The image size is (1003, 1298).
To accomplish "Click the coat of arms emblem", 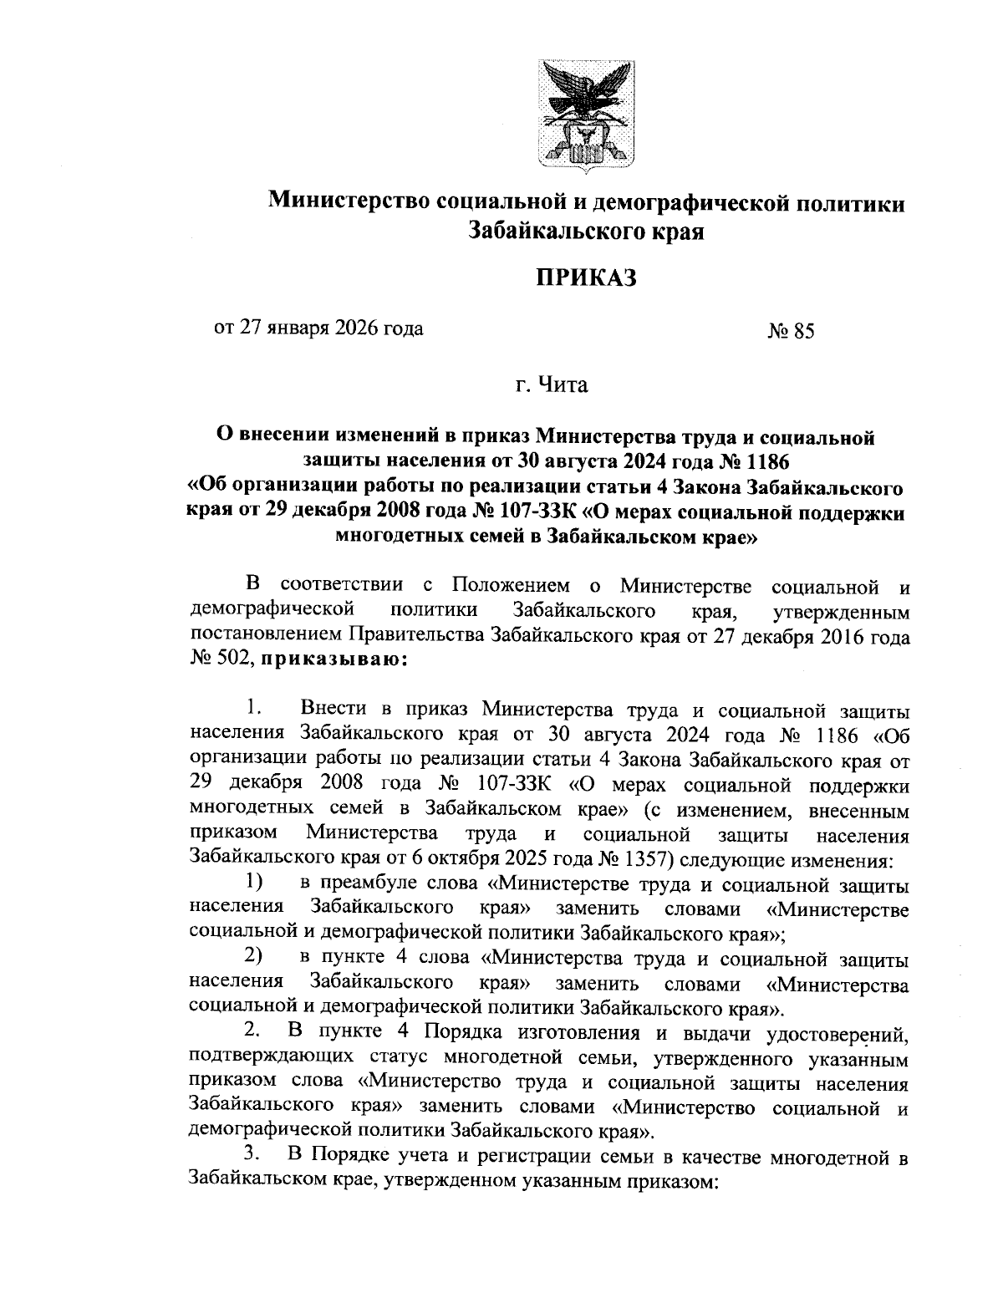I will point(585,116).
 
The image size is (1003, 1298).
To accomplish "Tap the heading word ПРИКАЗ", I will point(586,277).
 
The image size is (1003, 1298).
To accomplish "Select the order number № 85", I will point(790,332).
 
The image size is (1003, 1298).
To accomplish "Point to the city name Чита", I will point(564,385).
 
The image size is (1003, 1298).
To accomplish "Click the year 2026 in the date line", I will point(357,328).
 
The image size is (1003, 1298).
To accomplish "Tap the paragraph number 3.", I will point(249,1157).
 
